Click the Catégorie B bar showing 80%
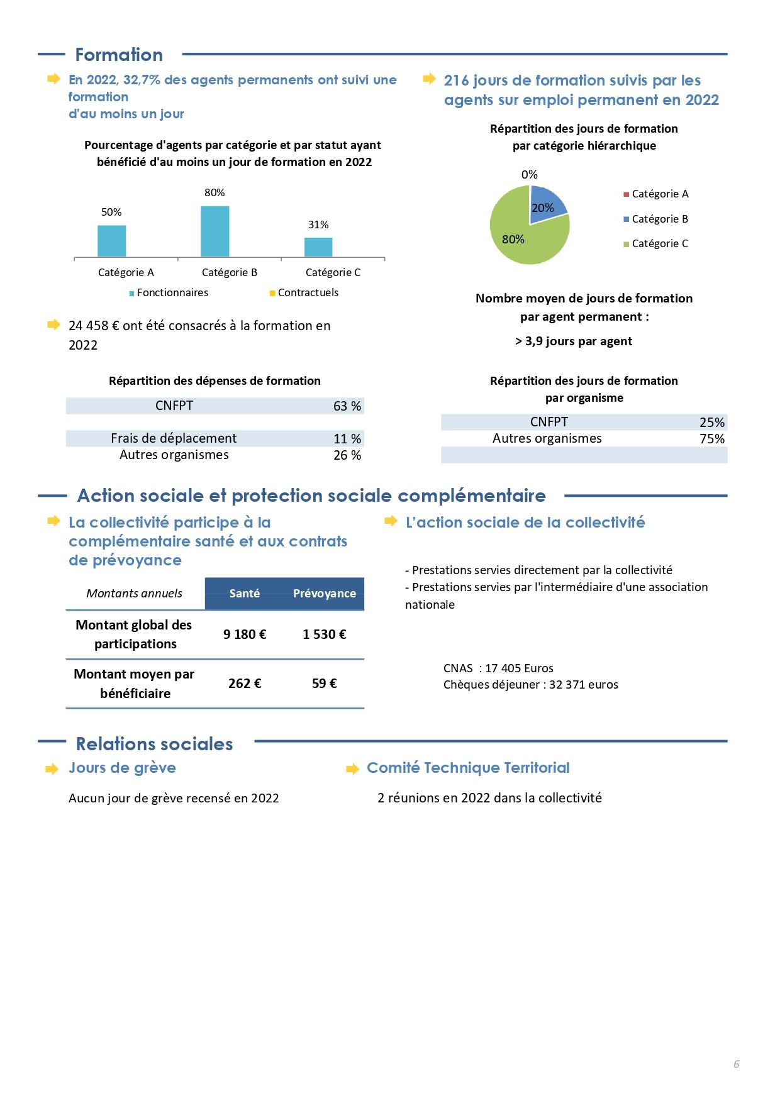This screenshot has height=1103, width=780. click(x=214, y=231)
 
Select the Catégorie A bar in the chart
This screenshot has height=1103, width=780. click(x=111, y=241)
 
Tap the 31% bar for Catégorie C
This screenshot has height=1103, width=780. click(x=318, y=247)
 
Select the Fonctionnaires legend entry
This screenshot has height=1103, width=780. click(x=169, y=292)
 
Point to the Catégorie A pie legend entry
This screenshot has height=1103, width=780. click(x=656, y=194)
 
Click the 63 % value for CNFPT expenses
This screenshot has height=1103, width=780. click(x=347, y=406)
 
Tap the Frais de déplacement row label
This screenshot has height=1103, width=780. click(x=174, y=438)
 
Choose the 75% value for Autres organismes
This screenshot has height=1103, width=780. click(x=712, y=439)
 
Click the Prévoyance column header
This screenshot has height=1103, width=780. click(x=325, y=594)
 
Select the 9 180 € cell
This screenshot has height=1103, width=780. click(x=245, y=635)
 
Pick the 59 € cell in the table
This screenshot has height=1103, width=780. click(x=325, y=684)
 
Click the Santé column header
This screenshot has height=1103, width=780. click(x=245, y=594)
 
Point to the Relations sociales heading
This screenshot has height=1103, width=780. click(x=155, y=744)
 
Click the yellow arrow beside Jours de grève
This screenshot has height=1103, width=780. click(x=52, y=769)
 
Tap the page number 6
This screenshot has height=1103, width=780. click(x=737, y=1064)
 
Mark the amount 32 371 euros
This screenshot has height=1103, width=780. click(x=584, y=685)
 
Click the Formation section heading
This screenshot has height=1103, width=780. click(x=119, y=55)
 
